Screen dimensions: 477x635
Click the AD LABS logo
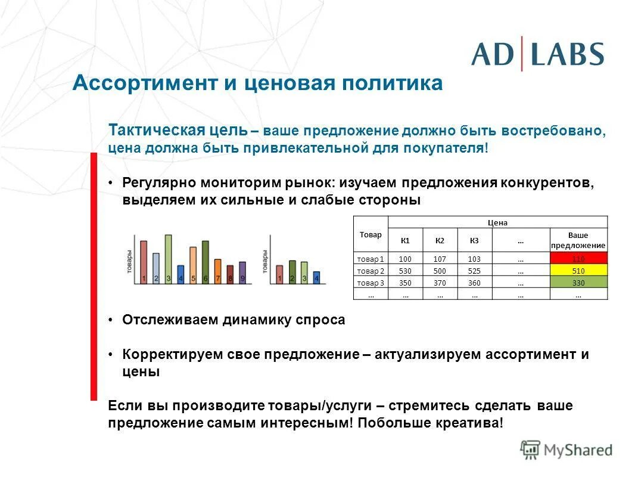537,54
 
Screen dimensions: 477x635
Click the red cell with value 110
578,259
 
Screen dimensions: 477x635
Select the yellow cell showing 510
578,271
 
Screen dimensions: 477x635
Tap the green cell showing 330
578,283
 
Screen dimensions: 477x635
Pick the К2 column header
440,240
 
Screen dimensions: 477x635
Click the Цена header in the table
497,222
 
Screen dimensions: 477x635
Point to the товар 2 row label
371,271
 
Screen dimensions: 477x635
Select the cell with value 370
440,283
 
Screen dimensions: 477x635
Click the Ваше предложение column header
578,240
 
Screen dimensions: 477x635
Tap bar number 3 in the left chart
168,259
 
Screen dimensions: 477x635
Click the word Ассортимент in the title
145,83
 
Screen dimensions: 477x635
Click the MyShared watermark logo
566,450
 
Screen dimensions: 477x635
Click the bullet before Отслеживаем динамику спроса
111,320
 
